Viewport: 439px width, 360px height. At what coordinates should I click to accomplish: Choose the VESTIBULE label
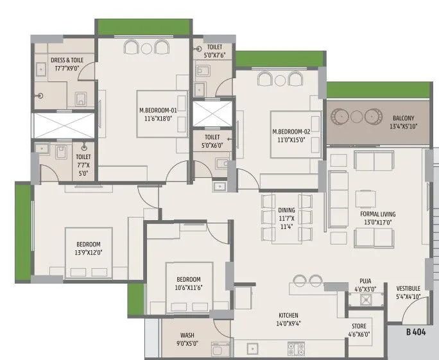click(408, 292)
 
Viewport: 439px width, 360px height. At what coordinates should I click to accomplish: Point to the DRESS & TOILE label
click(67, 60)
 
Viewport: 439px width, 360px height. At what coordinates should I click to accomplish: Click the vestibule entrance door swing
click(407, 313)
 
